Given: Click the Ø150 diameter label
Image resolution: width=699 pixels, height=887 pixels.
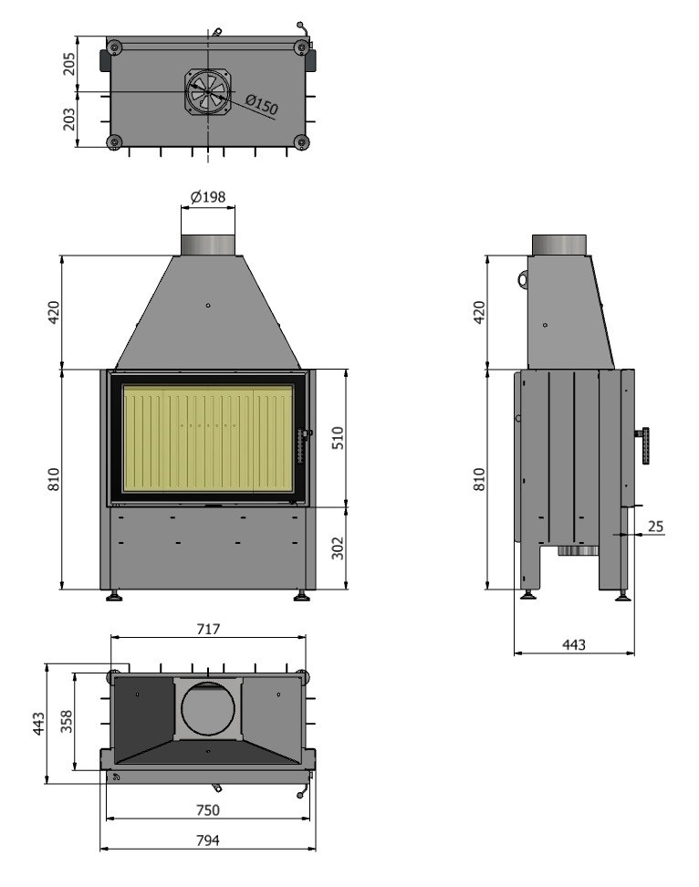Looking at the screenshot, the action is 262,105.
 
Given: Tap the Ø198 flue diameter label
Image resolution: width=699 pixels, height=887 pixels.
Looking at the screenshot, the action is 207,197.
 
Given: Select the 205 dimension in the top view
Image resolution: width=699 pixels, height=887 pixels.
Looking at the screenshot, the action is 68,64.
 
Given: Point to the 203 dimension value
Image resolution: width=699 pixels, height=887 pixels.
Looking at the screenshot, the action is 68,120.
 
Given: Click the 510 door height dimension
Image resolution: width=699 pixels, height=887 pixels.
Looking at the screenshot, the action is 337,438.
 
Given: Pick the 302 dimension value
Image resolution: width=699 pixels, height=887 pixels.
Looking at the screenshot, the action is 337,548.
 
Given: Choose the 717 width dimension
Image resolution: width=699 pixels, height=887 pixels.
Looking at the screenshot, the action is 208,629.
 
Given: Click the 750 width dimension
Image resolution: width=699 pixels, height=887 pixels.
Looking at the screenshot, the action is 207,810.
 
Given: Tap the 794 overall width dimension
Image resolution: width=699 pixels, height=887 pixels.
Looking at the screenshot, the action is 207,840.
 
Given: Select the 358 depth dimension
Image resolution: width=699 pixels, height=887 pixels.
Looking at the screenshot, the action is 67,722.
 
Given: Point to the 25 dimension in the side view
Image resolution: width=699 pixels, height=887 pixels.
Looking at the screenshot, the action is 655,527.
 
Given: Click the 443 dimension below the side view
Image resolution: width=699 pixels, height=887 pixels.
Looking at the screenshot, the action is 574,644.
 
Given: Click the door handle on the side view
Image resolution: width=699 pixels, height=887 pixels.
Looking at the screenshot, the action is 643,445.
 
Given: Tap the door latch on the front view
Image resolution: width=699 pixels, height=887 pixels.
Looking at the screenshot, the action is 303,444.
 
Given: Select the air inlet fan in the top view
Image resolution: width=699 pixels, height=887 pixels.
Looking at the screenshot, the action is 208,91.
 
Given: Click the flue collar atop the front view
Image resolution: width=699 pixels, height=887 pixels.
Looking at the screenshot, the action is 207,245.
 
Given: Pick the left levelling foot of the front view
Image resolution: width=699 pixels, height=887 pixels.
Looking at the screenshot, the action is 114,595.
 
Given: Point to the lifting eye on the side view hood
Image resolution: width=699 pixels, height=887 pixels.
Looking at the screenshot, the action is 523,279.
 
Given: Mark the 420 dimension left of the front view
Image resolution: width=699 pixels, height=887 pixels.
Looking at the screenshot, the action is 53,312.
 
